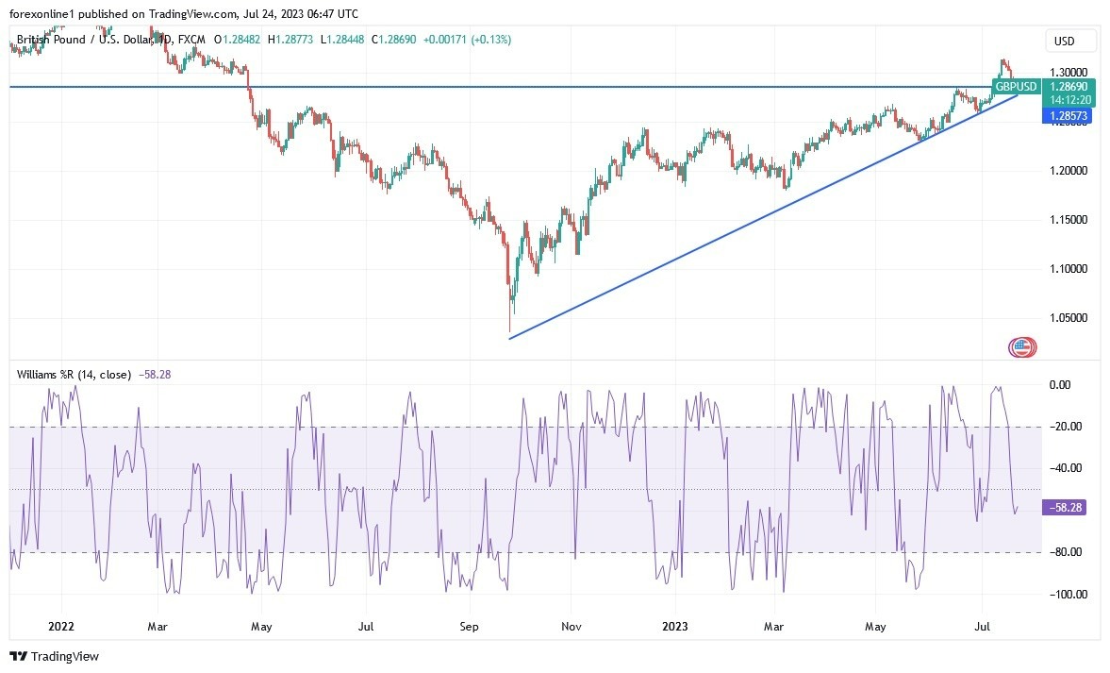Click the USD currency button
click(x=1070, y=41)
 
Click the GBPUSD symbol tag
click(x=1016, y=87)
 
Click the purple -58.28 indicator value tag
click(x=1064, y=508)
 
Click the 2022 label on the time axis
click(x=60, y=626)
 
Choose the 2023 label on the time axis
click(x=675, y=626)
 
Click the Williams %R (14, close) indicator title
click(x=74, y=375)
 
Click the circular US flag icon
click(x=1022, y=347)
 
